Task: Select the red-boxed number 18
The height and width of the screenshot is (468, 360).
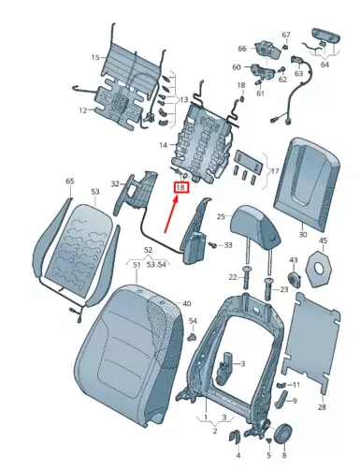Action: click(x=181, y=187)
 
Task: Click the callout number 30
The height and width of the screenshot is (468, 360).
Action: click(x=301, y=235)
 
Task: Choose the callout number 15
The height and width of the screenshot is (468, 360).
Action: click(x=94, y=58)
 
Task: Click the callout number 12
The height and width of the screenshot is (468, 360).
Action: click(x=82, y=110)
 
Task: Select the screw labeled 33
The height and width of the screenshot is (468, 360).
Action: click(x=227, y=244)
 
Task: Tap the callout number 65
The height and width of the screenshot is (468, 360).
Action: click(x=69, y=182)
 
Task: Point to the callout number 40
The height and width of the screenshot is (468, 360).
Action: click(x=186, y=304)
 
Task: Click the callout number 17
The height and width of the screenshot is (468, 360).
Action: click(x=274, y=171)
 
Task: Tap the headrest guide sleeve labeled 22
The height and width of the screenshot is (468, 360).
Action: click(x=246, y=277)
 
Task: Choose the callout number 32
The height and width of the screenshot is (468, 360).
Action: click(x=115, y=184)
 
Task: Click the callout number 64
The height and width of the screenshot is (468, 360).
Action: click(x=324, y=65)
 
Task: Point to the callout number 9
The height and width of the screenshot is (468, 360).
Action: click(x=295, y=401)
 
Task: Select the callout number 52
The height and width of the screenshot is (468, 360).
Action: click(x=147, y=250)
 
